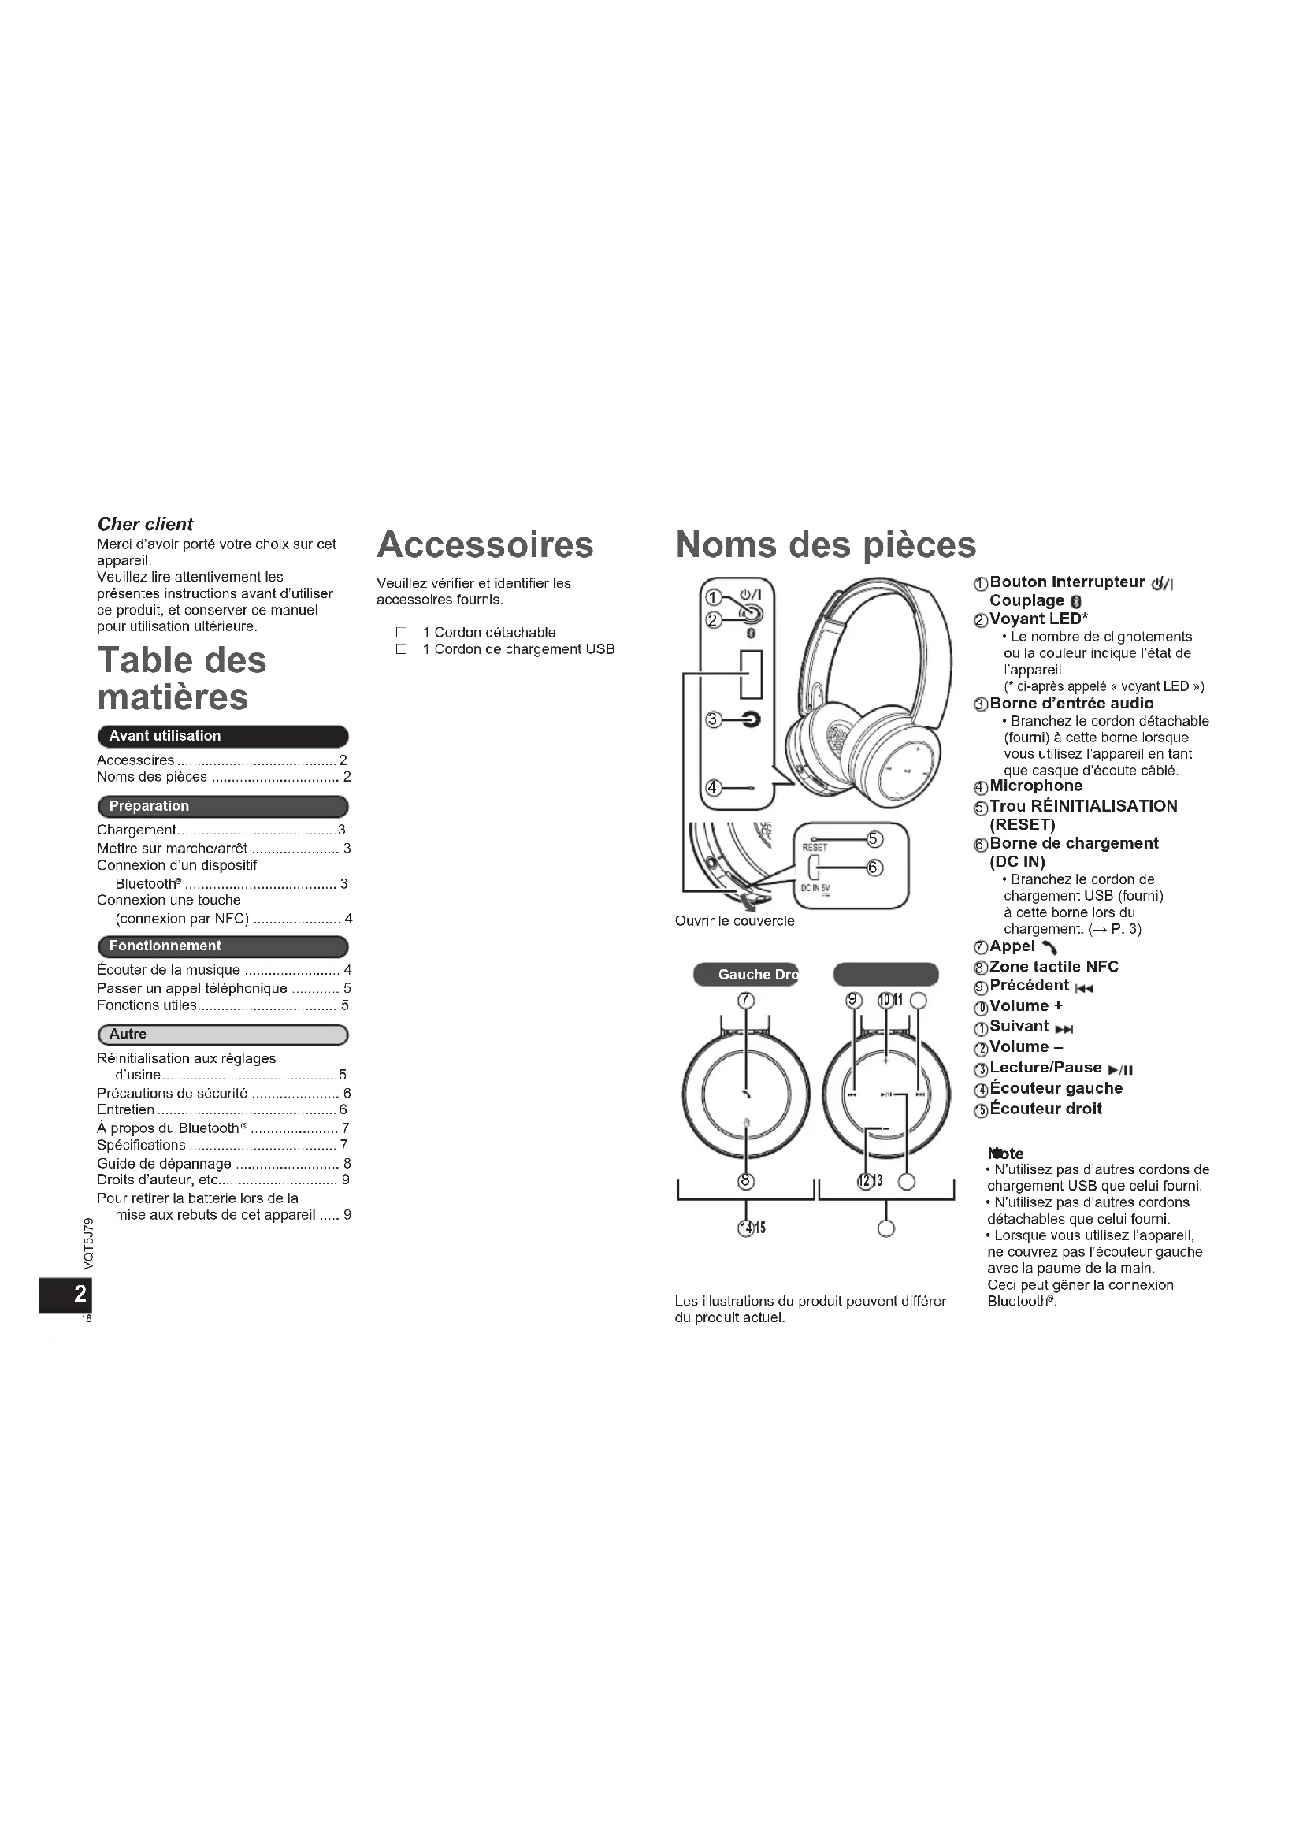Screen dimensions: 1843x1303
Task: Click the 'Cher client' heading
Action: (x=145, y=524)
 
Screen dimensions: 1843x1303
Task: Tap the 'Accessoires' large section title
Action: (x=484, y=544)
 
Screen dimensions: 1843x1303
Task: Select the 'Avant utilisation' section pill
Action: (x=222, y=736)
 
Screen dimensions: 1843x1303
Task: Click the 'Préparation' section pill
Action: (x=222, y=806)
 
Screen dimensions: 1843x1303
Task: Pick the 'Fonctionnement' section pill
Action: (x=222, y=946)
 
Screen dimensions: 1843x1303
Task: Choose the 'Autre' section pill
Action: (x=222, y=1034)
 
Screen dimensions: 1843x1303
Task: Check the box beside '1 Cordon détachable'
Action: (x=402, y=633)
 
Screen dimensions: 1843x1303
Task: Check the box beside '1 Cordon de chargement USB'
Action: (x=402, y=649)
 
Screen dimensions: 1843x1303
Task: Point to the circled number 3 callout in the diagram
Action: (x=711, y=719)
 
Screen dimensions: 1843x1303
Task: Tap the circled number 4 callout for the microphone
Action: (x=711, y=787)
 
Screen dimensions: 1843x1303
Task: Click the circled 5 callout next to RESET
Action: (x=874, y=840)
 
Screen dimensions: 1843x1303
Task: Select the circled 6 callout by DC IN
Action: (x=874, y=868)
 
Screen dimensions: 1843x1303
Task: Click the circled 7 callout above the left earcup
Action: (x=746, y=1000)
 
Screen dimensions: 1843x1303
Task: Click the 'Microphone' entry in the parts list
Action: (x=1035, y=786)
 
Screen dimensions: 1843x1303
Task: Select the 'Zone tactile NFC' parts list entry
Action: (x=1052, y=967)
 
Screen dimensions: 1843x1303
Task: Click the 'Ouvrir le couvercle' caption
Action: (x=734, y=920)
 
